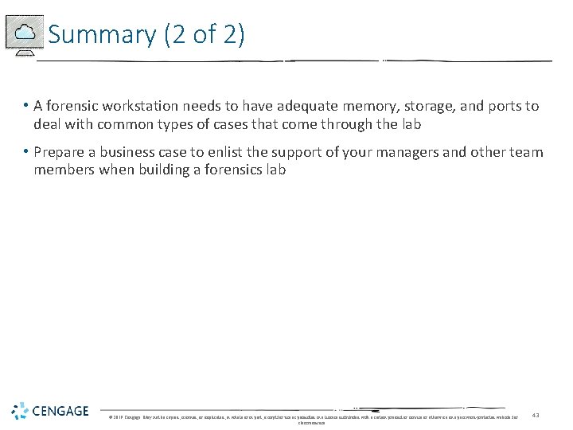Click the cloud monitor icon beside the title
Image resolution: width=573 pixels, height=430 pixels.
[25, 34]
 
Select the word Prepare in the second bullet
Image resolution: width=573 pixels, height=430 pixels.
[60, 152]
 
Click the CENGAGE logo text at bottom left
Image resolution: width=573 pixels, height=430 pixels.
[61, 412]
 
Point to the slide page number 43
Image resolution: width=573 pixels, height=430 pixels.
[536, 414]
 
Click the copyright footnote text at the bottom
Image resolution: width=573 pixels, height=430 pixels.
[311, 417]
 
